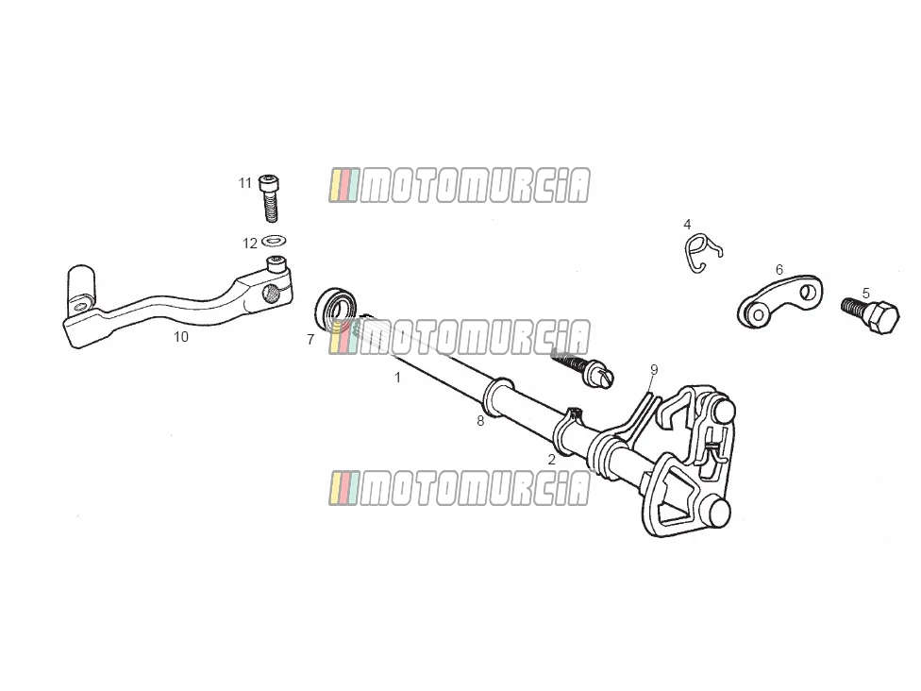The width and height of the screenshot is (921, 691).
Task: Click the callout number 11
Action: pos(245,183)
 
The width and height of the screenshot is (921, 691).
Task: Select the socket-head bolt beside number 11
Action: pos(269,198)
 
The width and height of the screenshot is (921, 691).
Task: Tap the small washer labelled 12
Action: pos(274,241)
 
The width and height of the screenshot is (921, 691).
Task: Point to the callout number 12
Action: pos(250,244)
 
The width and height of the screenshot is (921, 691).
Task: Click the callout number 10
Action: pos(181,337)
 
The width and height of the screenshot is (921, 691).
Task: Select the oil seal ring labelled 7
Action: pos(336,309)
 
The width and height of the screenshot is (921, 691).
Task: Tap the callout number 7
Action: pos(310,340)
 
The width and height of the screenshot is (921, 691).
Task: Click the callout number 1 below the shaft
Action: pos(397,378)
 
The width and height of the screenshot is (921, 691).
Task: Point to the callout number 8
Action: pos(480,421)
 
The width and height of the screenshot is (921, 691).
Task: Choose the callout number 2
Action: pos(551,460)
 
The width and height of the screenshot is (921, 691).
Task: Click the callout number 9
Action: pos(654,370)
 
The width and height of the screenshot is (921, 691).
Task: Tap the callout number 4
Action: pos(687,225)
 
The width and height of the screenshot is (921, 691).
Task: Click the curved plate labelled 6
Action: pos(780,301)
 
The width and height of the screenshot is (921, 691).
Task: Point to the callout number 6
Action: pos(779,270)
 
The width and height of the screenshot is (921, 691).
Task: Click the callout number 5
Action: pos(865,294)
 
